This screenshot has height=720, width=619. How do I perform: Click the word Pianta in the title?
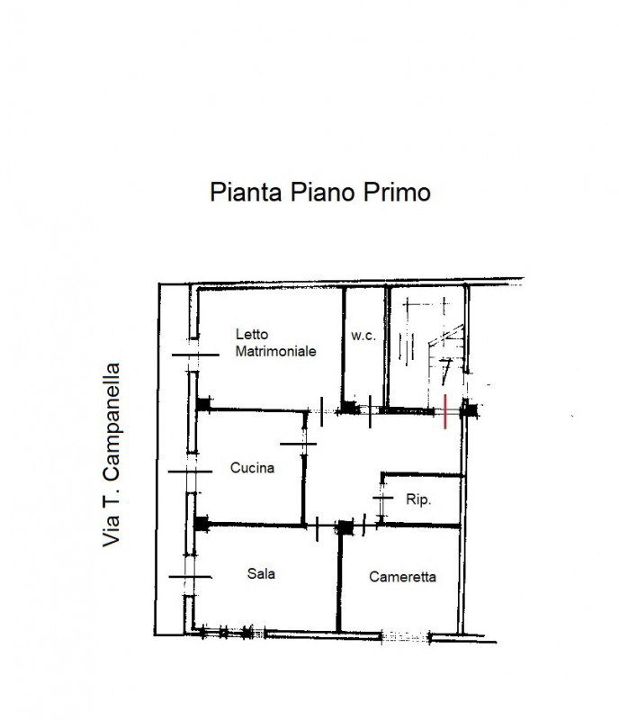(x=246, y=192)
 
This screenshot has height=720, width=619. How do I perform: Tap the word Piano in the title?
(x=322, y=192)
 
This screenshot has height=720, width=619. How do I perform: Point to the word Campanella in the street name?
(x=112, y=421)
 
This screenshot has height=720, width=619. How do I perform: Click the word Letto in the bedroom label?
(x=252, y=334)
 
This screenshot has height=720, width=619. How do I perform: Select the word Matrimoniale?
(x=275, y=351)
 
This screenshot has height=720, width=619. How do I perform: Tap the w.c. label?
(x=363, y=336)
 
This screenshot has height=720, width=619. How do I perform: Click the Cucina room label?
(x=252, y=468)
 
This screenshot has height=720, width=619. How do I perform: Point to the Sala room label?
(x=261, y=573)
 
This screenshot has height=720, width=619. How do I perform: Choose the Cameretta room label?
(x=402, y=577)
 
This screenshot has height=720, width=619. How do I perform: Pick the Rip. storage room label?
(x=418, y=499)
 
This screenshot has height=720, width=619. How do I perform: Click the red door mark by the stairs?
(x=445, y=411)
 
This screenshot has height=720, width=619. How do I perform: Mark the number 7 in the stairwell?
(x=445, y=371)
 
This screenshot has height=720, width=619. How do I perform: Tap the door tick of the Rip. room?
(x=383, y=498)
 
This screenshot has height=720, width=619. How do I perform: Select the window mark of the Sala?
(x=190, y=577)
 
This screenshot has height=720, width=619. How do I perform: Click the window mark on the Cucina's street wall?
(x=190, y=472)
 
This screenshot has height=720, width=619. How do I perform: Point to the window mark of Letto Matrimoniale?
(x=195, y=355)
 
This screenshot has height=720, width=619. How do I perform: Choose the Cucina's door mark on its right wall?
(x=298, y=444)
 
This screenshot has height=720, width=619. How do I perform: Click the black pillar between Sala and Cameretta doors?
(x=345, y=527)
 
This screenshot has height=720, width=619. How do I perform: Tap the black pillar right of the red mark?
(x=470, y=409)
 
